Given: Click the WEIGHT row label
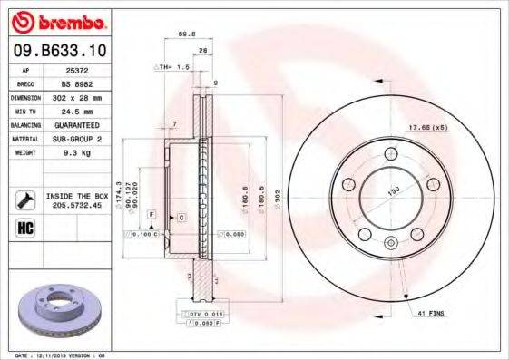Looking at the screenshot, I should coord(25,152).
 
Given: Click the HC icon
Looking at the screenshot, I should coord(25,227).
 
